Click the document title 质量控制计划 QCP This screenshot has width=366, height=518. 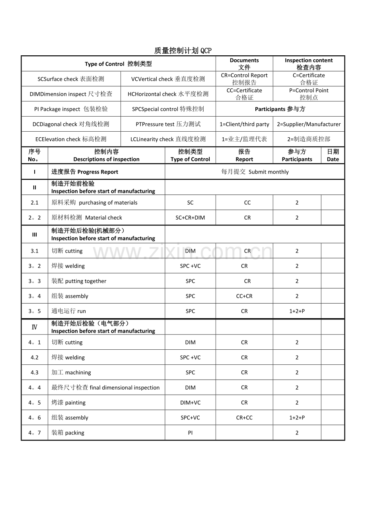click(x=183, y=51)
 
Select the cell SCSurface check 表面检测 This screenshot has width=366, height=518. click(x=71, y=79)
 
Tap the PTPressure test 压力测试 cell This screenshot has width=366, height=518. click(x=168, y=124)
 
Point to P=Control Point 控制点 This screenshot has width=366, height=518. click(x=309, y=94)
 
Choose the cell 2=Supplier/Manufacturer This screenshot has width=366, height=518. click(x=309, y=124)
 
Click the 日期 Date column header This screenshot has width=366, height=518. click(x=333, y=155)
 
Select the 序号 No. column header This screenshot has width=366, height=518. click(x=35, y=155)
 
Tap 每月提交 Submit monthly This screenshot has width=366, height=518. click(x=255, y=172)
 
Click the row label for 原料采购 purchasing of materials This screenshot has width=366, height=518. click(x=94, y=203)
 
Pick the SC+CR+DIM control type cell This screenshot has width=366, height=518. click(x=190, y=218)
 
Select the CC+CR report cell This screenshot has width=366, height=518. click(x=244, y=296)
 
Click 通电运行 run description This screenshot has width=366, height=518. click(x=68, y=311)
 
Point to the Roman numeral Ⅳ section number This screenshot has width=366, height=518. click(x=35, y=327)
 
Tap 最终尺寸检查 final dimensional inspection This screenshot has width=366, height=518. click(x=105, y=388)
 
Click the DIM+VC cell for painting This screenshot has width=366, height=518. click(x=190, y=403)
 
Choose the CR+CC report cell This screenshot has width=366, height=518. click(x=244, y=418)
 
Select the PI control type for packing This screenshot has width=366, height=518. click(x=190, y=433)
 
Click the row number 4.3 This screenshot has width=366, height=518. click(x=35, y=372)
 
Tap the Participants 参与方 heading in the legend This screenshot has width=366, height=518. click(x=280, y=109)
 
